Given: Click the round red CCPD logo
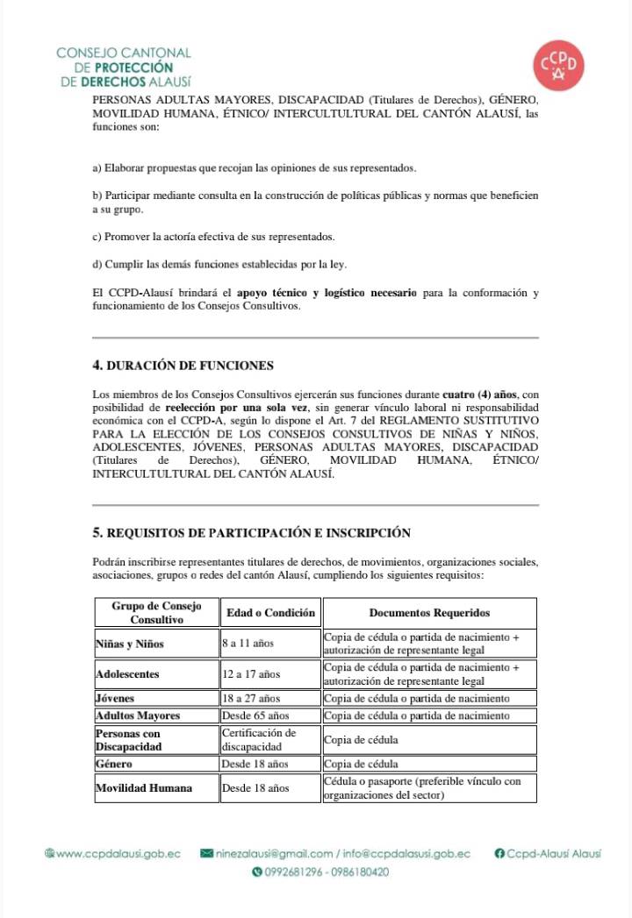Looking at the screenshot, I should coord(562,67).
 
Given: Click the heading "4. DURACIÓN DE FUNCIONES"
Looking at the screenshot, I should coord(183,366).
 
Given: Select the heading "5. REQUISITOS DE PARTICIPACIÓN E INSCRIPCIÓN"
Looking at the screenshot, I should coord(252,532).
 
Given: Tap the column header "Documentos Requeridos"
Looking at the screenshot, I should coord(429,613).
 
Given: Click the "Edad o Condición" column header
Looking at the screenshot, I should coord(270,613).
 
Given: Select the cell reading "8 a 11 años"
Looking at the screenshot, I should coord(248,644).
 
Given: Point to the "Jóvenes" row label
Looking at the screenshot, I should coord(115,698).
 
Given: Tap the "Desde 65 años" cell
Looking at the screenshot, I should coord(255,715).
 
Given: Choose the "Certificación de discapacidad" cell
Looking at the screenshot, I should coord(259,739).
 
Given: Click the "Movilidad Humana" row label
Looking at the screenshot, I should coord(143,787).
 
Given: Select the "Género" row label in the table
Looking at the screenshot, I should coord(113,764).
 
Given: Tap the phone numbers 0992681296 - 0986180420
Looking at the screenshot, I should coord(320,872).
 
